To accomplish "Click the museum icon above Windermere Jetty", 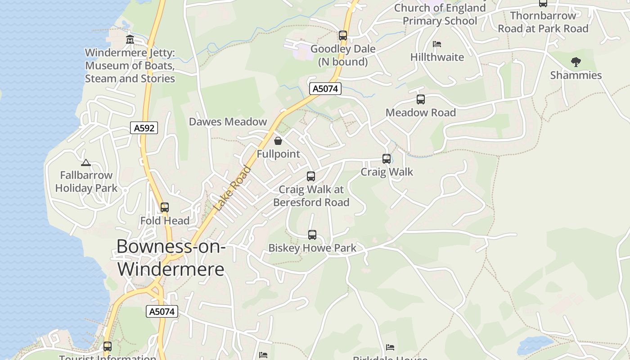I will [130, 39].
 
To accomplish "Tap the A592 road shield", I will [144, 128].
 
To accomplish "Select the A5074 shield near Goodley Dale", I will [325, 89].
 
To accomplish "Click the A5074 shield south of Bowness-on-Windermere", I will [162, 311].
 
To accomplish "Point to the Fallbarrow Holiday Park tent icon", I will [85, 162].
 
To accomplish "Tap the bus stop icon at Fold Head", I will [165, 207].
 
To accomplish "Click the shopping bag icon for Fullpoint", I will [278, 141].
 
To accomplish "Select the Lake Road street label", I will [233, 189].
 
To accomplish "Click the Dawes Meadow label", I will [228, 121].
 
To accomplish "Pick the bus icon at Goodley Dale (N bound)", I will [343, 36].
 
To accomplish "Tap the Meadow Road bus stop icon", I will [421, 99].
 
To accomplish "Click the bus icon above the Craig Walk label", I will [387, 159].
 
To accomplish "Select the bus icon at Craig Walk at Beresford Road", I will [311, 176].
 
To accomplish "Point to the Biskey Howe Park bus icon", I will [312, 235].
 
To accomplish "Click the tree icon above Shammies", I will [576, 62].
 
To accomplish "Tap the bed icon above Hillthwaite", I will [436, 44].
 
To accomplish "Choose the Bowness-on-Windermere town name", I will [171, 257].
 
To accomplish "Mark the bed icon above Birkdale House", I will [390, 347].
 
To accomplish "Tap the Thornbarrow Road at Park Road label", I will [543, 22].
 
